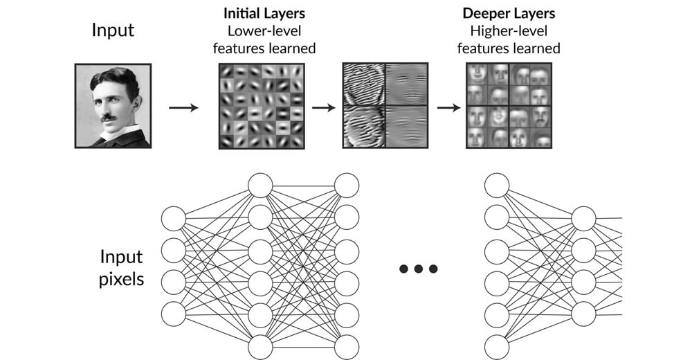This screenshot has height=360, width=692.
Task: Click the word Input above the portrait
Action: point(113,30)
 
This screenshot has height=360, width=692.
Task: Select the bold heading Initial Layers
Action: point(266,13)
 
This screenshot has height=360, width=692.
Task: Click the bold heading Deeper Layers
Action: point(509,13)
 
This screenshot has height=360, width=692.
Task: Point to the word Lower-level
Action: point(266,31)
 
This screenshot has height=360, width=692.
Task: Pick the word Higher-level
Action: point(509,31)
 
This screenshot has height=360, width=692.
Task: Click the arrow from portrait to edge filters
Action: point(183,107)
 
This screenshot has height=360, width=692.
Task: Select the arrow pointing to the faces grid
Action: point(448,107)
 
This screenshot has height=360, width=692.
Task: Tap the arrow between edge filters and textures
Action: point(322,107)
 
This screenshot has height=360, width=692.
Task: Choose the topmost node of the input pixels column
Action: point(174,219)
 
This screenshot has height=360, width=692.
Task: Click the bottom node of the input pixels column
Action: point(174,314)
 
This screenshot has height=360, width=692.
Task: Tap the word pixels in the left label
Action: point(121,280)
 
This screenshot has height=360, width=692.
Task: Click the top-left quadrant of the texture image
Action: point(364,84)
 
